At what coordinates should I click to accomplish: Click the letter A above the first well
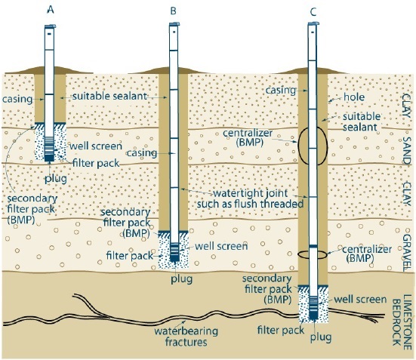pyautogui.click(x=50, y=10)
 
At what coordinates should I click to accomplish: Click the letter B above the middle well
pyautogui.click(x=175, y=11)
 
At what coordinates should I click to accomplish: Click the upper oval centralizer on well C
pyautogui.click(x=312, y=145)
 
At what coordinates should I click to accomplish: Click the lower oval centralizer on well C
pyautogui.click(x=312, y=254)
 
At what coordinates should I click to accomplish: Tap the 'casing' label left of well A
pyautogui.click(x=17, y=98)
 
